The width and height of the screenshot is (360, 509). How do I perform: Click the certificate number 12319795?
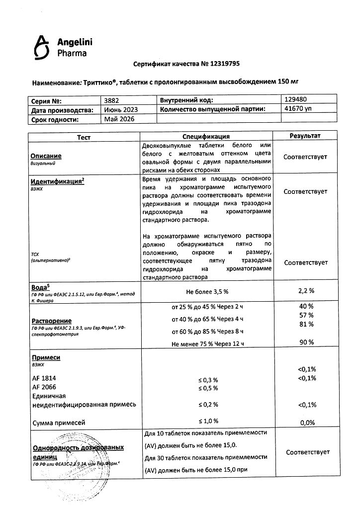(223, 64)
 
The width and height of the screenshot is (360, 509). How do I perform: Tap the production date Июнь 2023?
(121, 109)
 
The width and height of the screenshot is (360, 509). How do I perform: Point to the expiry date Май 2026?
(119, 119)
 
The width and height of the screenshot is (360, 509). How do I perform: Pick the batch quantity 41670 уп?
(298, 109)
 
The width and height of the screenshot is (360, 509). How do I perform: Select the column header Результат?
(305, 136)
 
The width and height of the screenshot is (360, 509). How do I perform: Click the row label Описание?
(46, 156)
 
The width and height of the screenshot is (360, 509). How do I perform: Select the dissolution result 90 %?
(306, 342)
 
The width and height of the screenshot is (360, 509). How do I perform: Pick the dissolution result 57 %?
(306, 315)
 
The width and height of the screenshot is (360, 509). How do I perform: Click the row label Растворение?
(51, 321)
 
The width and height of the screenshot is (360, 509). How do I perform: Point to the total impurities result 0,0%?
(306, 423)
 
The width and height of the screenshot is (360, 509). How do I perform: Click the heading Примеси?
(46, 357)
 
